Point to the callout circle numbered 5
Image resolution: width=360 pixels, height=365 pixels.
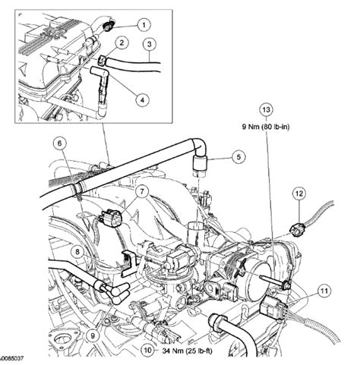pyautogui.click(x=237, y=157)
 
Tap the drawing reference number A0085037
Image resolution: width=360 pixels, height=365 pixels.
pyautogui.click(x=15, y=356)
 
